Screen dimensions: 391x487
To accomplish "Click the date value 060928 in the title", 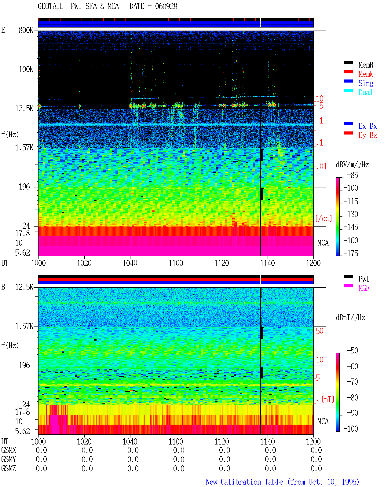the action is pos(166,6).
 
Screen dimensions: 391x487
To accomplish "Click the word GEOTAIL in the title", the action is pos(51,6).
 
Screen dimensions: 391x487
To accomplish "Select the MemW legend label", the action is pos(366,74).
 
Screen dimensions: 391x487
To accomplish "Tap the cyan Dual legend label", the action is pos(366,92).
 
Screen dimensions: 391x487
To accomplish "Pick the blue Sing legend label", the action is pos(366,83).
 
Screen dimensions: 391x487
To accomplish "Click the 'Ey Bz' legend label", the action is pos(368,135).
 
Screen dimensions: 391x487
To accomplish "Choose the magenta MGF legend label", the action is pos(364,288).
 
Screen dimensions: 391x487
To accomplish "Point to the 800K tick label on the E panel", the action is pos(26,30).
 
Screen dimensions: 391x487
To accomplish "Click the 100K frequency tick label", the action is pos(26,69).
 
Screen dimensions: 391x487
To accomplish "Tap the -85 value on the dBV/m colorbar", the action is pos(353,175).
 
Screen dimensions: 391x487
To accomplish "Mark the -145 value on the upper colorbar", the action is pos(351,227).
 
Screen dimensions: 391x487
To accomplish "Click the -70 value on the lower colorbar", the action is pos(353,382).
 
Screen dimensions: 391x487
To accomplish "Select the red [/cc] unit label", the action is pos(323,218).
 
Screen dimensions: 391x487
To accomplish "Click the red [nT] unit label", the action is pos(328,399).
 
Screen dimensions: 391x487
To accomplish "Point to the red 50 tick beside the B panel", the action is pos(320,331).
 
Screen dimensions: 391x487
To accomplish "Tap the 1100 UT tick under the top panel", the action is pos(176,263).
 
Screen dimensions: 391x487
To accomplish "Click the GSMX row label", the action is pos(9,450).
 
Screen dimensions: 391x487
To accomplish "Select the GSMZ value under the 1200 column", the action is pos(316,468).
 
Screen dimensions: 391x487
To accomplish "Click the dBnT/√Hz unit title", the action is pos(351,318).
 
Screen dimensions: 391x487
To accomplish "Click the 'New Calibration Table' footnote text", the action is pos(244,482).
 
